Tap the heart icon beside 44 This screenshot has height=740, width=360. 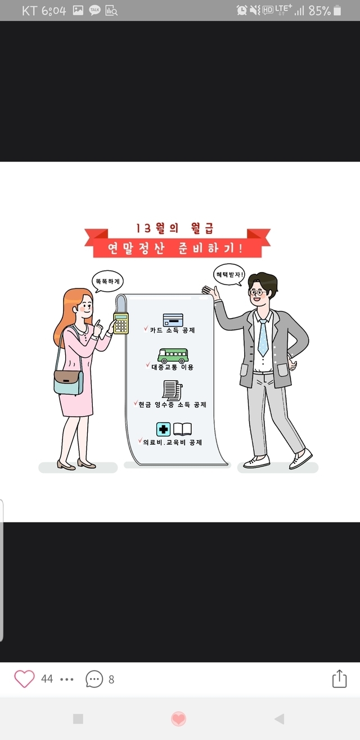[x=24, y=679]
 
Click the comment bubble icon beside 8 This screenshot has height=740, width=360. [x=94, y=679]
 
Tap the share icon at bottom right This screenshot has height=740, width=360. [x=340, y=679]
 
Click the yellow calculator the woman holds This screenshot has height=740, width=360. [x=121, y=323]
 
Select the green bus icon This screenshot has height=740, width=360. [x=173, y=355]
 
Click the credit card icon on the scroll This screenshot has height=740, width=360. [x=173, y=320]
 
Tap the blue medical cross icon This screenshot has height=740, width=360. [x=163, y=430]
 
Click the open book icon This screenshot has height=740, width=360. [x=182, y=429]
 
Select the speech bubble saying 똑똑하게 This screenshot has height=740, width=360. [x=107, y=282]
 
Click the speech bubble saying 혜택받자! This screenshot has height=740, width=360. [x=229, y=274]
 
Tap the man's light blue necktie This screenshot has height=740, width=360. [x=263, y=337]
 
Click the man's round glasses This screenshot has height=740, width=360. [x=257, y=292]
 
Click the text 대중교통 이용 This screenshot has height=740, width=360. [x=173, y=367]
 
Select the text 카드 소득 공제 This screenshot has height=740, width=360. [x=173, y=330]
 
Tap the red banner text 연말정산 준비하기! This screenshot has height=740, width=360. [x=175, y=248]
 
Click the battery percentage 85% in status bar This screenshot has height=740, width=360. [x=319, y=11]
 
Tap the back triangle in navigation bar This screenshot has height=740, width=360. [x=280, y=719]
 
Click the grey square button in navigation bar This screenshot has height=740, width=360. [x=78, y=719]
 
